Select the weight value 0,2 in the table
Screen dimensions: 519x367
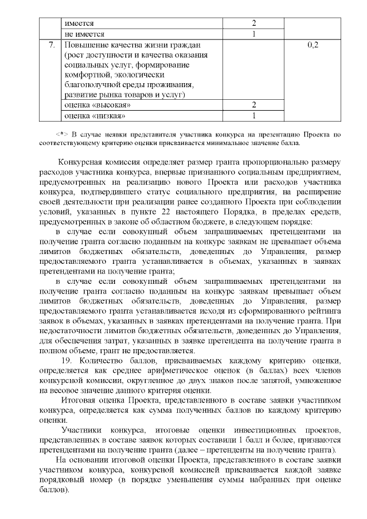pos(313,44)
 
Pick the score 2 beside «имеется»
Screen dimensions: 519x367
pos(253,24)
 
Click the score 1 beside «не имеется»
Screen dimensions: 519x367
pos(253,34)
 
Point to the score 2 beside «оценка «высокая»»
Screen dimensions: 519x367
pos(253,105)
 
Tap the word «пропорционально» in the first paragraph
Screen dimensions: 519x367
pos(270,163)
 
